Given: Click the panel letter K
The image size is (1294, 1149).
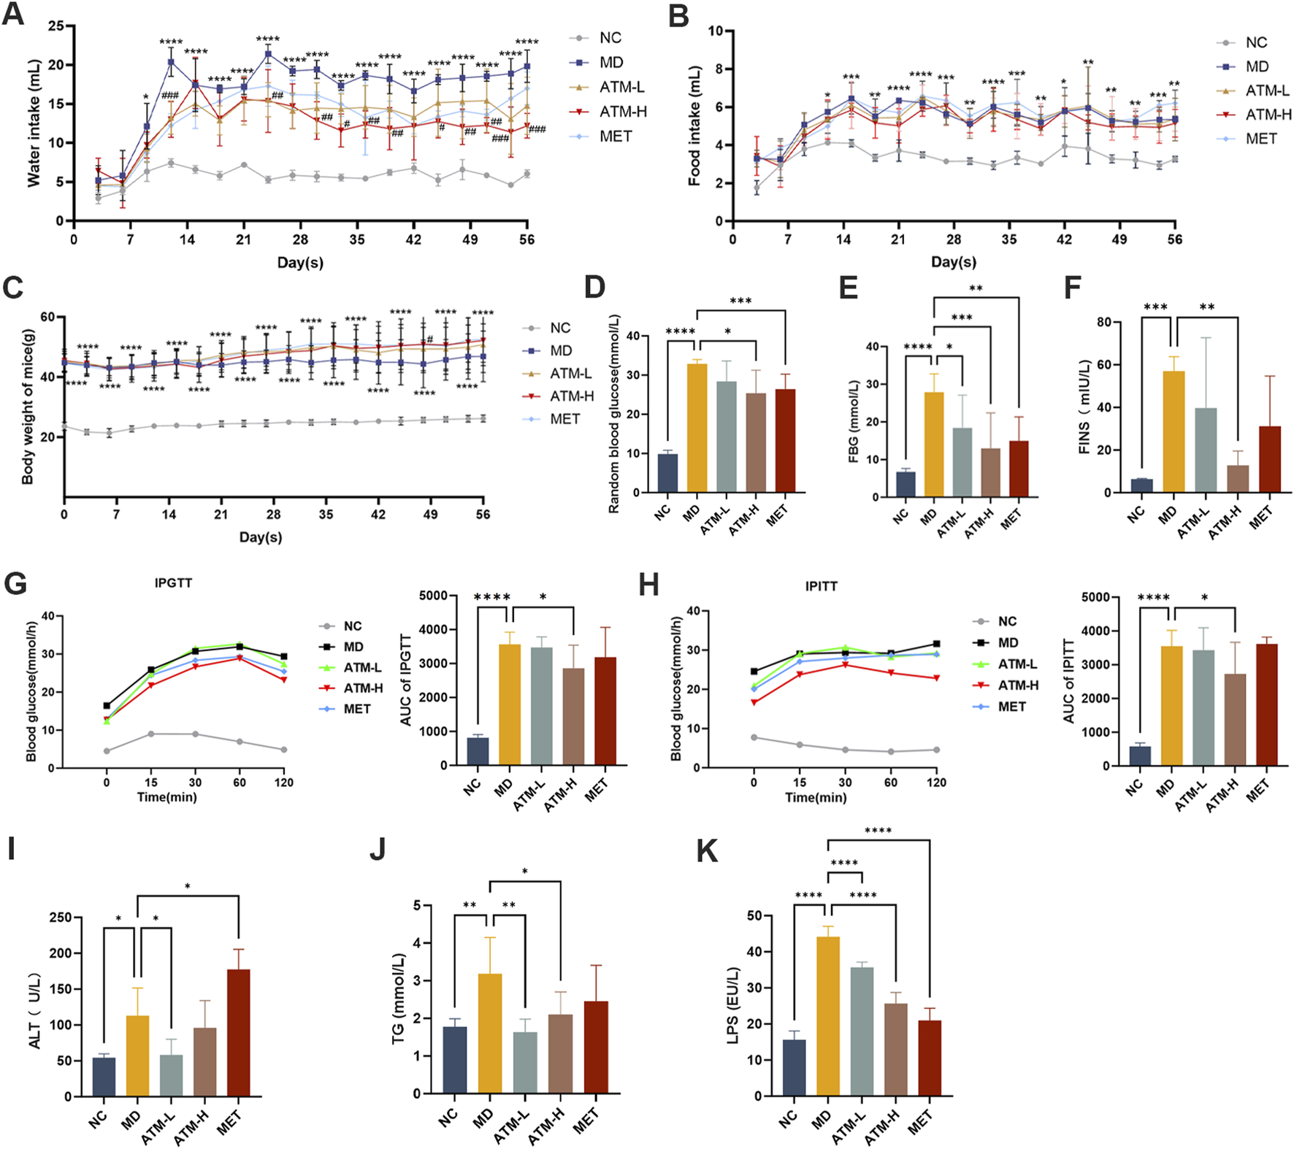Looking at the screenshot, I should [x=706, y=851].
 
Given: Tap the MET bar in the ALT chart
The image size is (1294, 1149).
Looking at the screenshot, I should [x=239, y=1032].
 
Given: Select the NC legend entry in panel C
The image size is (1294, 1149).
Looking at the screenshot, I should [x=560, y=328].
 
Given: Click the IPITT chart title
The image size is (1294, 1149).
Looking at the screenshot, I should [x=821, y=586].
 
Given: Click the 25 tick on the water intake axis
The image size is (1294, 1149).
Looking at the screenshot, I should [x=56, y=26].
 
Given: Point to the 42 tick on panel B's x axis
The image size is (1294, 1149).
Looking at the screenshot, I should [x=1065, y=239].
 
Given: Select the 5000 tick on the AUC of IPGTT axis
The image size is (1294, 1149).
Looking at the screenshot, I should [x=433, y=596].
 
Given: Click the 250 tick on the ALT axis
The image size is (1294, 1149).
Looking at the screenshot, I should [x=60, y=918].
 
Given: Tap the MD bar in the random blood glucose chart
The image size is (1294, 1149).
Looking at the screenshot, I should [x=697, y=428].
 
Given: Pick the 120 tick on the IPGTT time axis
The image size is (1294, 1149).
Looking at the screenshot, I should [x=283, y=783].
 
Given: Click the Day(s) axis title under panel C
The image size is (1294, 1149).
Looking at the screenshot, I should [x=261, y=537].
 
